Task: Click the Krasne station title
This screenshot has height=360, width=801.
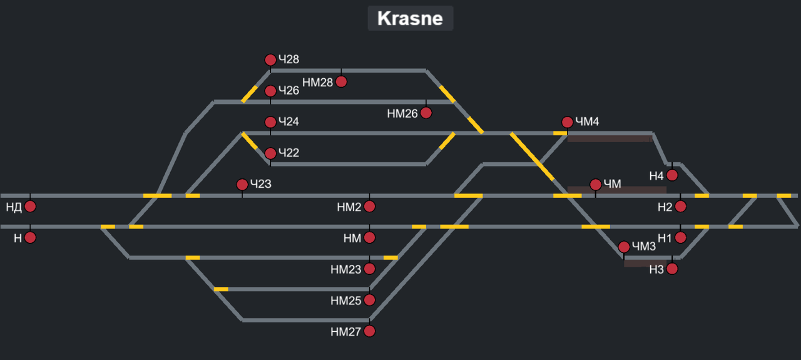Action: tap(410, 18)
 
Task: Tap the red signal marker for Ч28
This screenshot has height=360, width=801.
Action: tap(270, 60)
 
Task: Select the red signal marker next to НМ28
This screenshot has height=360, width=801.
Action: tap(341, 81)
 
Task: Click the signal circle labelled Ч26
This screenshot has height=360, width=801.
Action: tap(270, 91)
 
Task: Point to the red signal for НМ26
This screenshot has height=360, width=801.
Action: tap(426, 113)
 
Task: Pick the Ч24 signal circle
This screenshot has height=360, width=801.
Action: tap(270, 122)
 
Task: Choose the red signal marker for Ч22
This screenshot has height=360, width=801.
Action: tap(270, 153)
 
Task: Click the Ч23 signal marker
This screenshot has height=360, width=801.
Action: tap(242, 185)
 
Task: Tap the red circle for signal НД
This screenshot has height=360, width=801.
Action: tap(30, 206)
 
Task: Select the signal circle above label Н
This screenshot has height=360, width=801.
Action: tap(30, 237)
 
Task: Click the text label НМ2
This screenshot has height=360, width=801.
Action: tap(349, 207)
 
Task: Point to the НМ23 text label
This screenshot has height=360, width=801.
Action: tap(346, 269)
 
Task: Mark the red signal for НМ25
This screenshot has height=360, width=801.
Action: tap(369, 300)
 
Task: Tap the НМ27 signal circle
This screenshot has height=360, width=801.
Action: tap(369, 331)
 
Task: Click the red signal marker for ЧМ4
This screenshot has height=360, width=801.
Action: tap(567, 122)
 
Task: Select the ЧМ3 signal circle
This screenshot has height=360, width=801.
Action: tap(624, 247)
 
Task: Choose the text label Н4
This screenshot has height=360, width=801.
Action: tap(656, 176)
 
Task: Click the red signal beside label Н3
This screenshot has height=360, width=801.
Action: tap(672, 269)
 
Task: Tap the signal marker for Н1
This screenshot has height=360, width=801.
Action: tap(681, 237)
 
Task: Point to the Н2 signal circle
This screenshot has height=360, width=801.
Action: tap(681, 206)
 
